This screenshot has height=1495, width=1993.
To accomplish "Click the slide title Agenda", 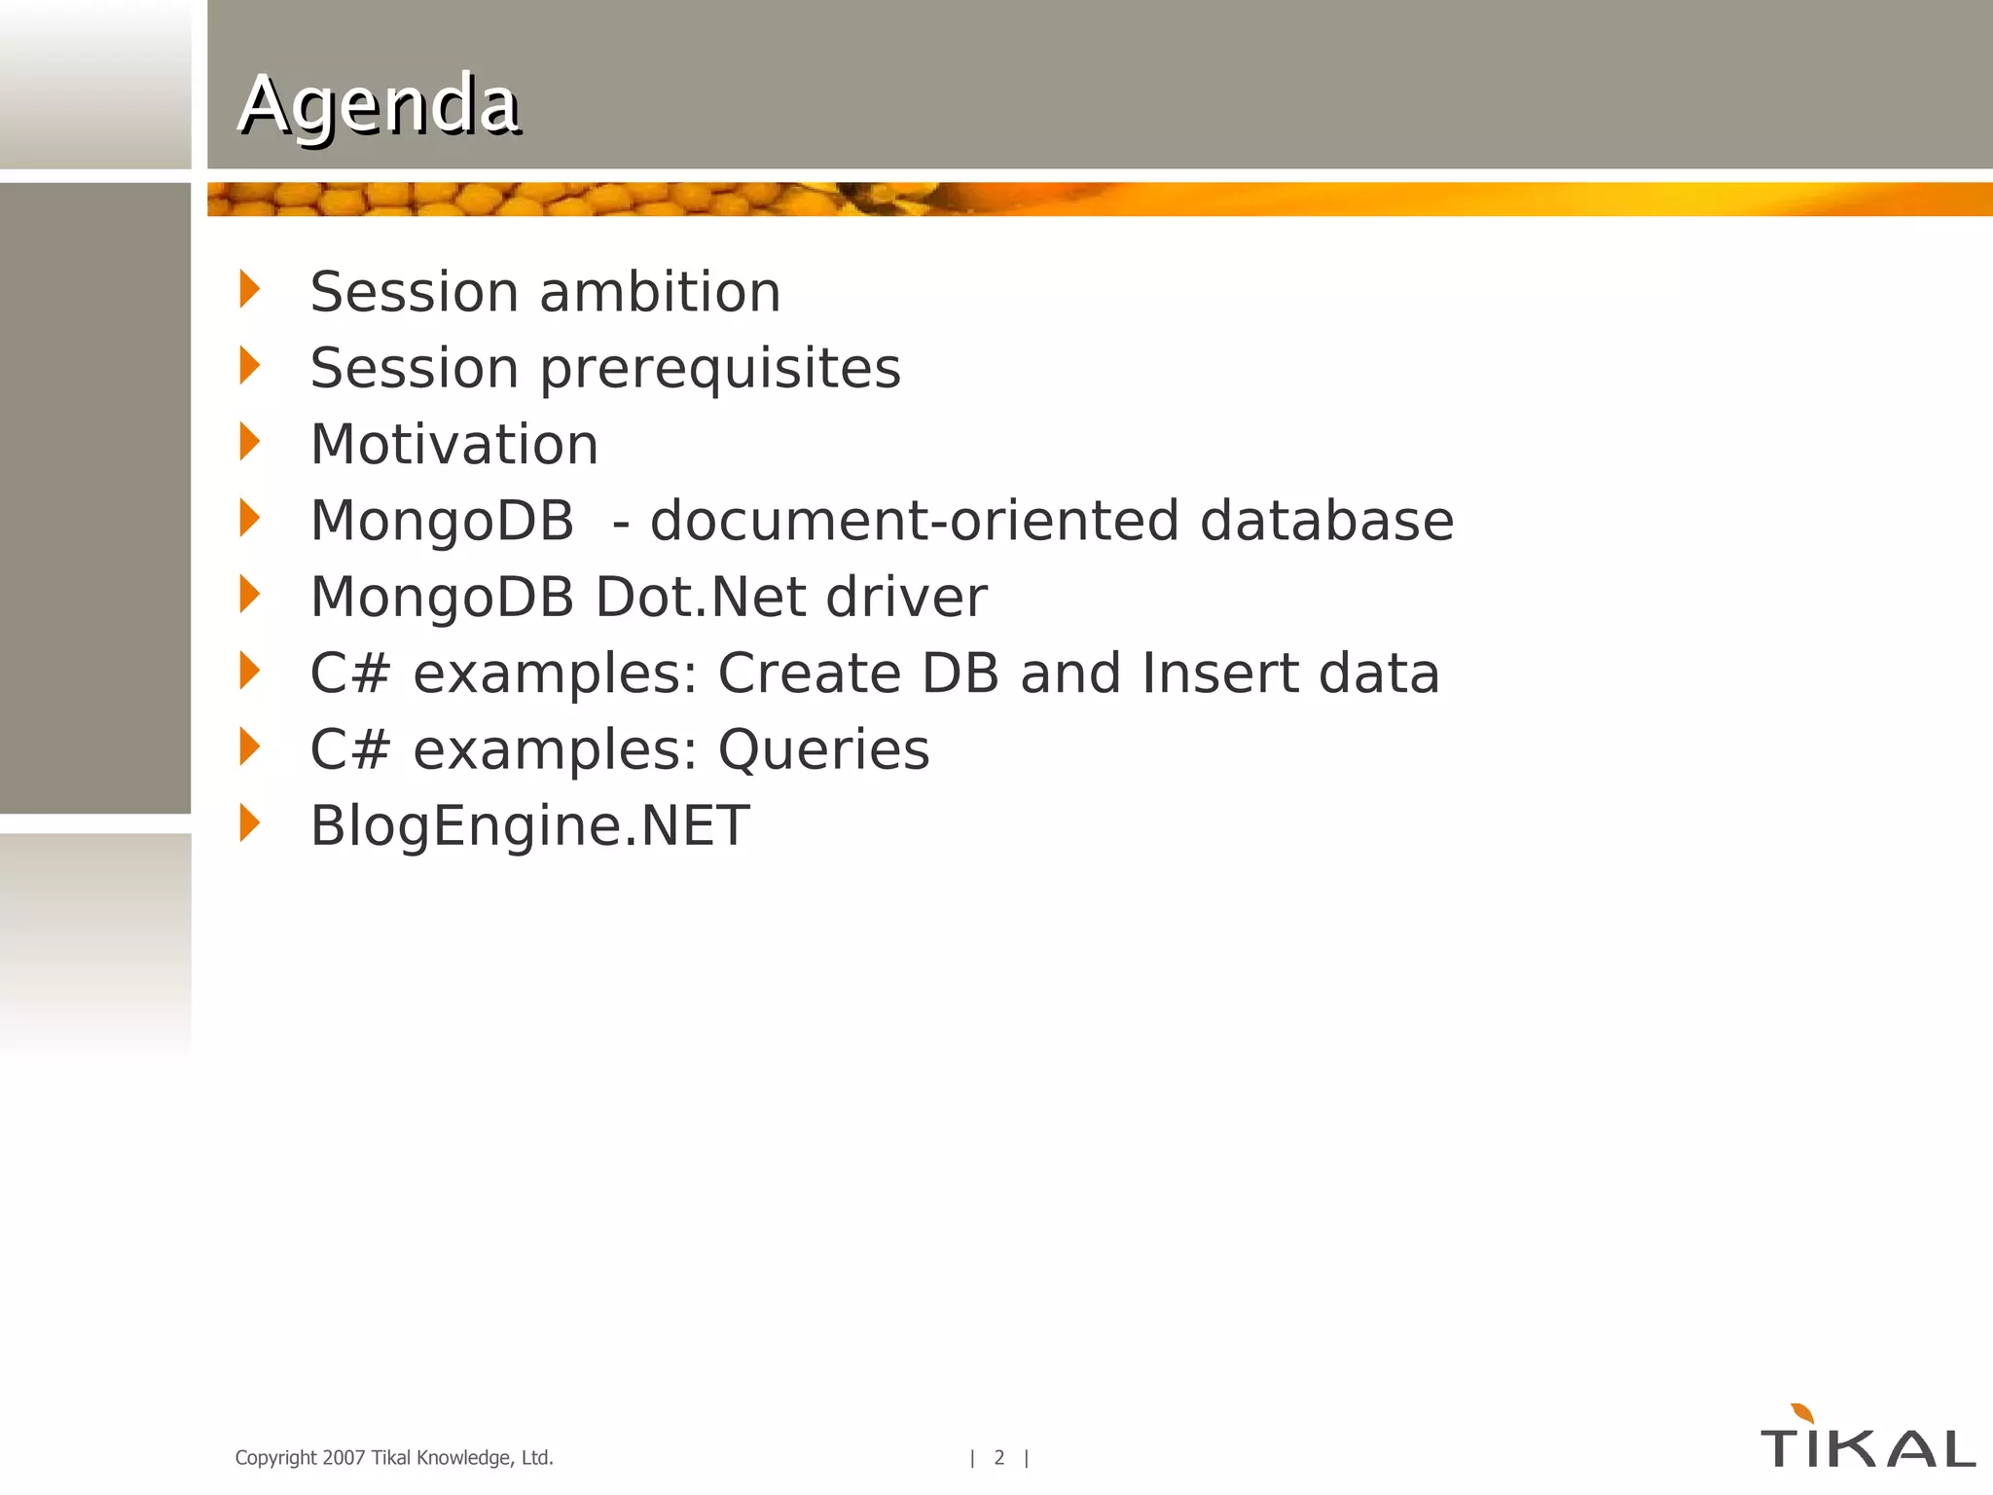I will pyautogui.click(x=379, y=104).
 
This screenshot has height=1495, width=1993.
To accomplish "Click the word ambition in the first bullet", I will pyautogui.click(x=660, y=292).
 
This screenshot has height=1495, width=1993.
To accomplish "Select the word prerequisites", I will pyautogui.click(x=720, y=370).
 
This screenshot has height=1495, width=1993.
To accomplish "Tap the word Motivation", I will pyautogui.click(x=453, y=445).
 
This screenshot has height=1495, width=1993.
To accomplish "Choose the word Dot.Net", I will pyautogui.click(x=700, y=597).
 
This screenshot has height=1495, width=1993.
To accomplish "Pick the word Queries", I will pyautogui.click(x=823, y=749).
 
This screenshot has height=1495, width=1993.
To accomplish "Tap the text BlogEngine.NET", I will pyautogui.click(x=529, y=826).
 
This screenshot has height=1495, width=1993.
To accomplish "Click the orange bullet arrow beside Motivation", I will pyautogui.click(x=250, y=442).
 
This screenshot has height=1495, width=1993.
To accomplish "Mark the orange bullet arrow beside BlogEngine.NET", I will pyautogui.click(x=250, y=823).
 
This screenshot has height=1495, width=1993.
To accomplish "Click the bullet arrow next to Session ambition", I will pyautogui.click(x=250, y=289).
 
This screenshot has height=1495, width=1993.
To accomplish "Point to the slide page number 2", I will pyautogui.click(x=998, y=1457).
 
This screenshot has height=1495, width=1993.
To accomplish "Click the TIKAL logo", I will pyautogui.click(x=1867, y=1446).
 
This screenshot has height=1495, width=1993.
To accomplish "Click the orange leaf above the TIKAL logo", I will pyautogui.click(x=1802, y=1412).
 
